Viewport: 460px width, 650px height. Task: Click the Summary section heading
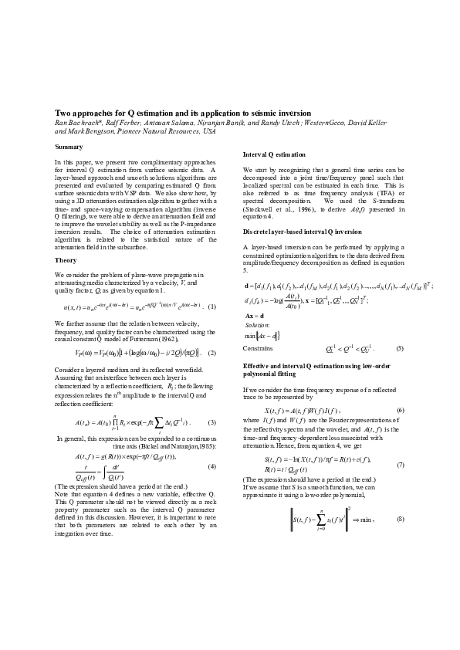pos(69,147)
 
